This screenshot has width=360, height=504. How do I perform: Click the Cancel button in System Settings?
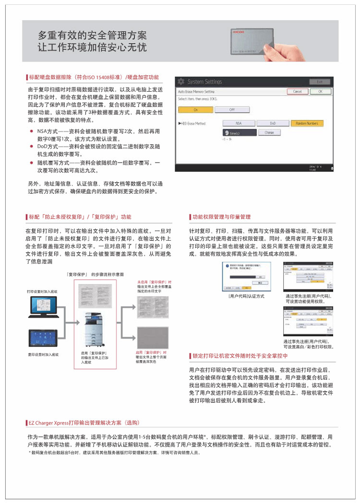point(297,91)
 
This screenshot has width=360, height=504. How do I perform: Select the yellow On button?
point(195,109)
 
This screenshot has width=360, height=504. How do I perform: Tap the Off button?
point(232,109)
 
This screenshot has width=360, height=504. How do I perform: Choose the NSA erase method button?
point(239,123)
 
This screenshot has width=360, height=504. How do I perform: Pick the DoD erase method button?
point(273,123)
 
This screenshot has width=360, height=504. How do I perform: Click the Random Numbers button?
point(307,123)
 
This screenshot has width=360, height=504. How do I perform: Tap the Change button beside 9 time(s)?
point(269,132)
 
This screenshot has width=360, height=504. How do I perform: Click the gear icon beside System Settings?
point(181,82)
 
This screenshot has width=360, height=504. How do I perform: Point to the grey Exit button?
point(320,82)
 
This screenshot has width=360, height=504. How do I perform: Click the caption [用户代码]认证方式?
point(246,296)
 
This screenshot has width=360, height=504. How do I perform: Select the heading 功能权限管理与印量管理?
point(221,217)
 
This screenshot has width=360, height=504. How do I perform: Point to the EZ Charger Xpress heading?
point(84,423)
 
